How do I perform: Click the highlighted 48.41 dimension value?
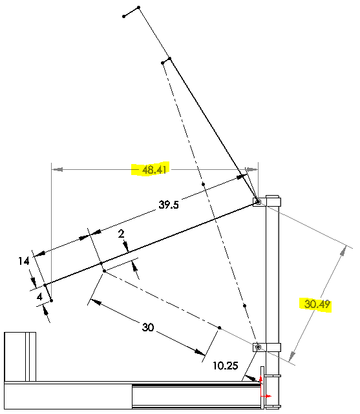pyautogui.click(x=154, y=169)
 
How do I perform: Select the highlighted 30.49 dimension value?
pyautogui.click(x=317, y=304)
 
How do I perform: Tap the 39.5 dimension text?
pyautogui.click(x=169, y=205)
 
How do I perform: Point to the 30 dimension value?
pyautogui.click(x=148, y=327)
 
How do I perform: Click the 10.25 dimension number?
pyautogui.click(x=226, y=366)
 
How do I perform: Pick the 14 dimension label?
pyautogui.click(x=24, y=261)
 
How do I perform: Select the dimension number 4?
pyautogui.click(x=39, y=296)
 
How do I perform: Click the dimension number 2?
pyautogui.click(x=122, y=234)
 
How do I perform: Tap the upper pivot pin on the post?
pyautogui.click(x=258, y=202)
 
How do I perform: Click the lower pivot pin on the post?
pyautogui.click(x=259, y=347)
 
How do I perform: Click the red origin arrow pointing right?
pyautogui.click(x=266, y=396)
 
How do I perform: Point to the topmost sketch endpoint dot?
pyautogui.click(x=139, y=7)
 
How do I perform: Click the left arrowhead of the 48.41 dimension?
pyautogui.click(x=58, y=169)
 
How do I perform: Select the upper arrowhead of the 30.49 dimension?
pyautogui.click(x=343, y=251)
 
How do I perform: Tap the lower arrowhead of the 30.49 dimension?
pyautogui.click(x=291, y=356)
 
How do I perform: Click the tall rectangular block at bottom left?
pyautogui.click(x=20, y=357)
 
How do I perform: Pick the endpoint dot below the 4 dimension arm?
pyautogui.click(x=51, y=300)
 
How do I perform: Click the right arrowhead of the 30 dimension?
pyautogui.click(x=200, y=352)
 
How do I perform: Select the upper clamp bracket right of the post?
pyautogui.click(x=273, y=202)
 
